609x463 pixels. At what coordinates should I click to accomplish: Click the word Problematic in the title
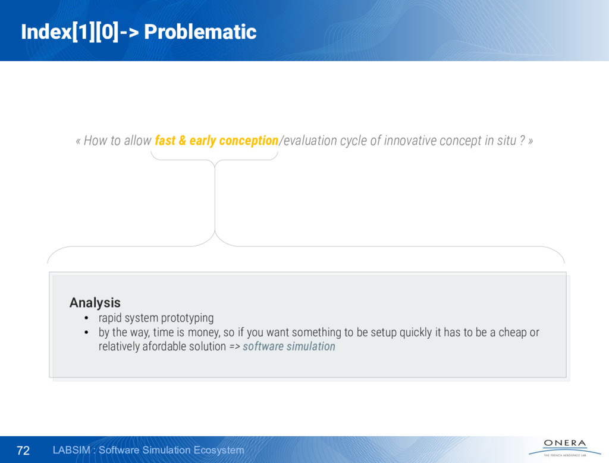(x=200, y=32)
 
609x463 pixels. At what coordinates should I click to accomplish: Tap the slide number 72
(x=23, y=450)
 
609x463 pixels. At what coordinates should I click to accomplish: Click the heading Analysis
(x=95, y=302)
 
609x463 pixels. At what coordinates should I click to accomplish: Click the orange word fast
(x=165, y=140)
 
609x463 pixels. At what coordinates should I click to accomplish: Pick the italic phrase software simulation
(x=289, y=346)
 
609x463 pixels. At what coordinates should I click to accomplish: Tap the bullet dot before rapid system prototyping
(x=86, y=318)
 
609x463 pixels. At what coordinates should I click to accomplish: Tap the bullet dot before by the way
(x=86, y=333)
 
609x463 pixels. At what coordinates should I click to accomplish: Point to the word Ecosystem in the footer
(x=219, y=450)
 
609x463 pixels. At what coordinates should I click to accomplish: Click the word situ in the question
(x=507, y=140)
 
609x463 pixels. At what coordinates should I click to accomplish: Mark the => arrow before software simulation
(x=234, y=347)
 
